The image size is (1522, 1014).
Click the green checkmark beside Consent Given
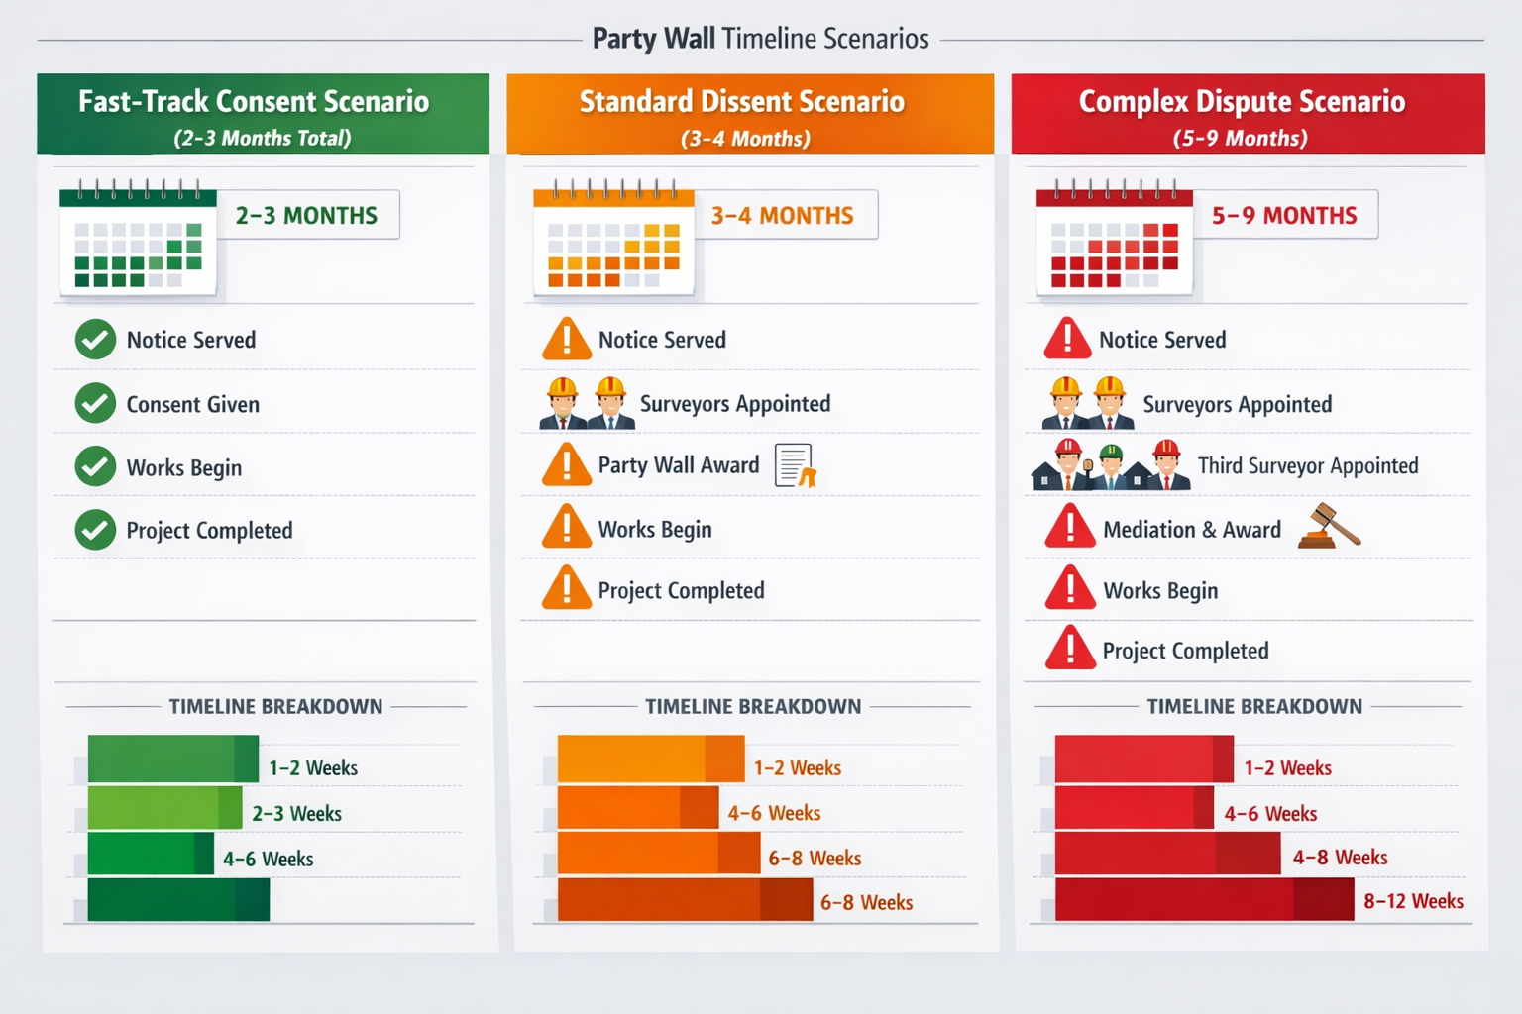[95, 403]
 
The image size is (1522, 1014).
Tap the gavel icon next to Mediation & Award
[1329, 526]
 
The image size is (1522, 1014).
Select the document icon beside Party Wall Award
[795, 465]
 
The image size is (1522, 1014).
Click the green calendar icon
[138, 241]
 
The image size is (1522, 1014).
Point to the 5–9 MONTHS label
[1284, 215]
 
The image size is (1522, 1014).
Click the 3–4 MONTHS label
[782, 215]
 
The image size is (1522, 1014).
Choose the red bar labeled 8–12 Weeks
[1203, 900]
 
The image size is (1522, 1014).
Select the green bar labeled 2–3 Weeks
[164, 808]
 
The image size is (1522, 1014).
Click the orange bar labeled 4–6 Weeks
[637, 808]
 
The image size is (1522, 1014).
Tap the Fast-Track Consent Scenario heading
[254, 101]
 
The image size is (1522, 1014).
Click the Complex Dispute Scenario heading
[1242, 101]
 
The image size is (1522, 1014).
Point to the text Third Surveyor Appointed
[1308, 465]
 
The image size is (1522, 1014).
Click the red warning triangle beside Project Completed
[1070, 650]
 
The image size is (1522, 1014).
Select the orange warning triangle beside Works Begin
[567, 528]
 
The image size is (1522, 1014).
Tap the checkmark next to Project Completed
[95, 530]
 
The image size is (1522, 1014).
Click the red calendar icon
[1114, 241]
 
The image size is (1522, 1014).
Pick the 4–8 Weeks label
[1340, 857]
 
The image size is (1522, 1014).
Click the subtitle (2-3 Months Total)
[263, 138]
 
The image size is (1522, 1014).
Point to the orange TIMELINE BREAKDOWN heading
[753, 706]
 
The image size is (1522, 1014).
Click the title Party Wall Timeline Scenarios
[760, 39]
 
